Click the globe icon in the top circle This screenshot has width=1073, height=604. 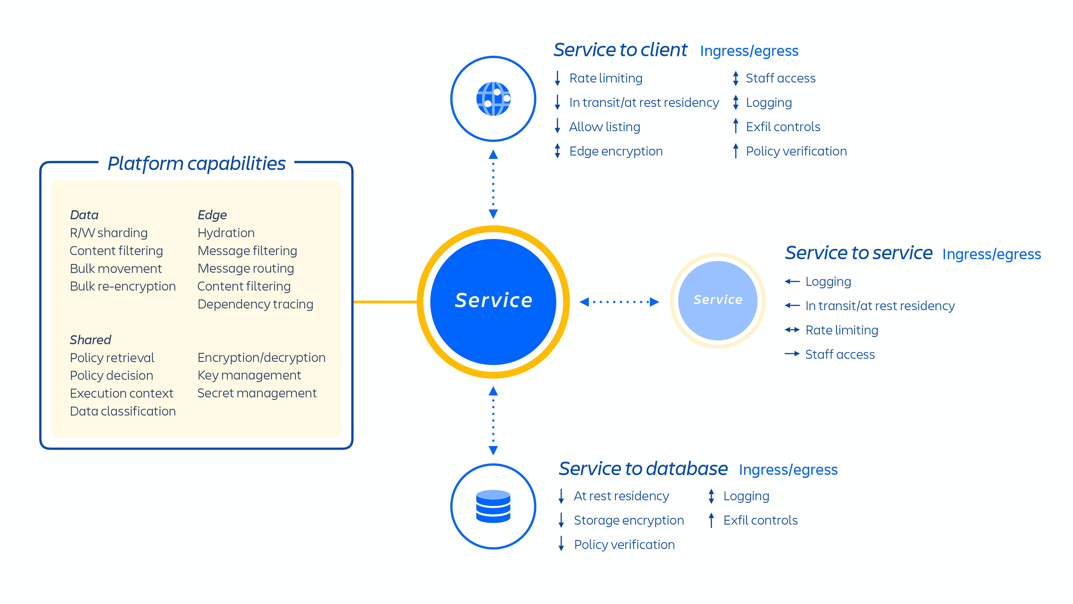click(493, 99)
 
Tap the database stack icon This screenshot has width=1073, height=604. click(493, 506)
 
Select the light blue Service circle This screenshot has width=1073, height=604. click(717, 300)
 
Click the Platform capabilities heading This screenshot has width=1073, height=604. click(196, 163)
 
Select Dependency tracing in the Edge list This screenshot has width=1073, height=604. click(255, 304)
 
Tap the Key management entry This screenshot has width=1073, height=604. click(249, 375)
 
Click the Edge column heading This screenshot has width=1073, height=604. click(212, 215)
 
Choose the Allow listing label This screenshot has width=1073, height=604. click(604, 127)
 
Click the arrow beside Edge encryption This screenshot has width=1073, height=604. click(557, 151)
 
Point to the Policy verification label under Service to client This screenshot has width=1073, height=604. click(796, 151)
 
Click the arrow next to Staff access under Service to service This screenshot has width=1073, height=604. click(792, 354)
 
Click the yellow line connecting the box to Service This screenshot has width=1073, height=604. click(385, 301)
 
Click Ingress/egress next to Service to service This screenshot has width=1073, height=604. click(991, 254)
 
